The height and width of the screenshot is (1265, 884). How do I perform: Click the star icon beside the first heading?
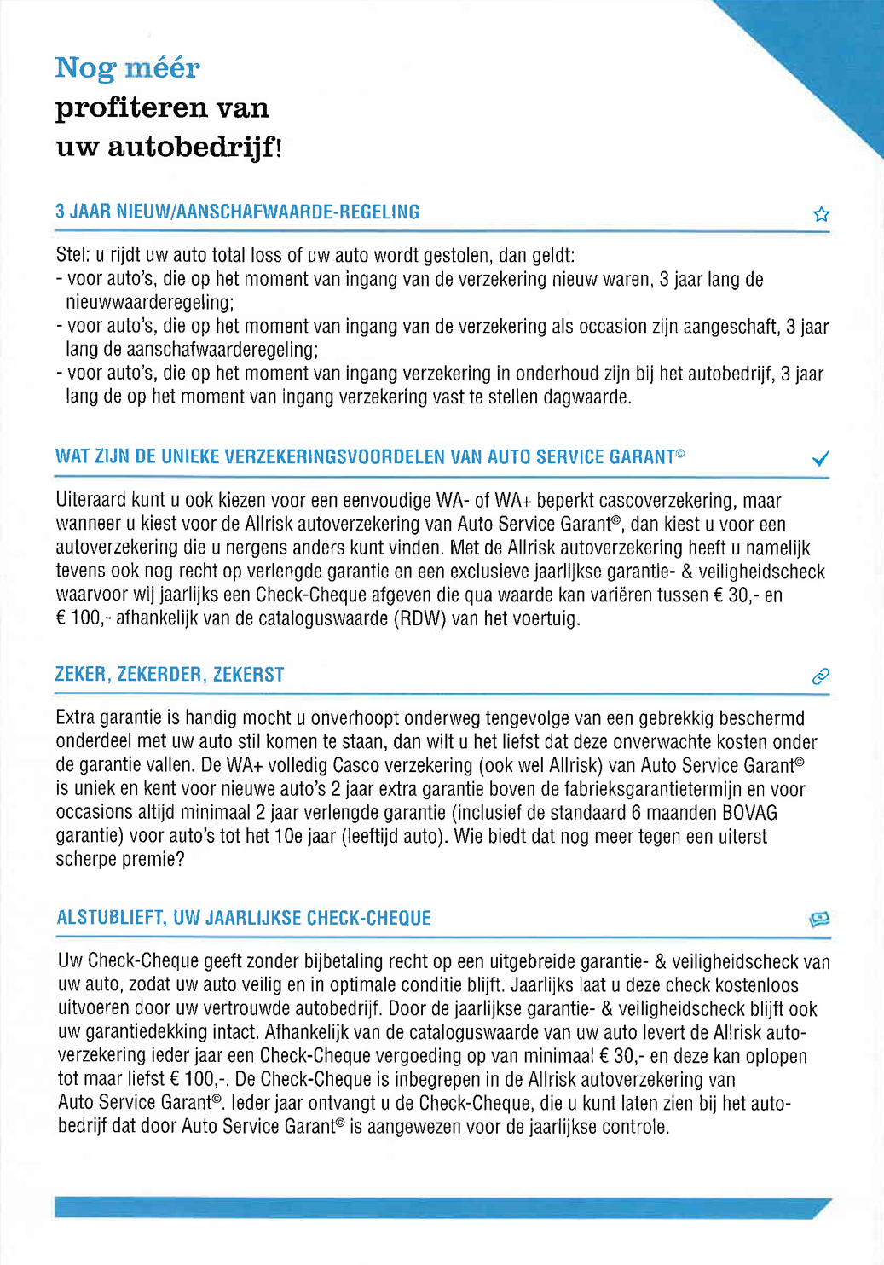pyautogui.click(x=821, y=214)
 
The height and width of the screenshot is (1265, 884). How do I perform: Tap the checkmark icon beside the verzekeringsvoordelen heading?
pyautogui.click(x=820, y=459)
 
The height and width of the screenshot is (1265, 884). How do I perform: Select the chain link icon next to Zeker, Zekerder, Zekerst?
pyautogui.click(x=820, y=676)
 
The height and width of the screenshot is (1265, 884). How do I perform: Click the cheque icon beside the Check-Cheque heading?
pyautogui.click(x=819, y=919)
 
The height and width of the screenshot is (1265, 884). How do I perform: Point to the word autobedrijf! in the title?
pyautogui.click(x=194, y=147)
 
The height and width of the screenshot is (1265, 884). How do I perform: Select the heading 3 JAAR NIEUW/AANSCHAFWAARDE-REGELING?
pyautogui.click(x=237, y=212)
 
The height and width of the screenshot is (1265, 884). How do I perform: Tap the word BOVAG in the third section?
pyautogui.click(x=749, y=813)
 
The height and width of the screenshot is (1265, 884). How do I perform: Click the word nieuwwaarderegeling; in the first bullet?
pyautogui.click(x=150, y=303)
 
